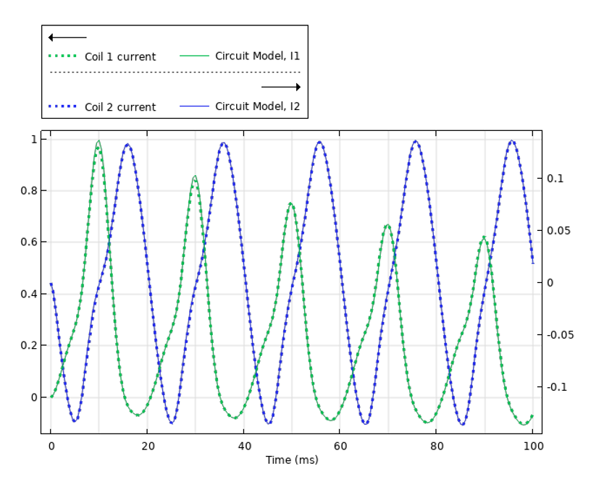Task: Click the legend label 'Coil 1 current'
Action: pyautogui.click(x=119, y=57)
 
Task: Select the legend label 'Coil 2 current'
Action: pyautogui.click(x=119, y=107)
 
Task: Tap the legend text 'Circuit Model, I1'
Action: pyautogui.click(x=257, y=56)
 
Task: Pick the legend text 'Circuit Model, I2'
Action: pyautogui.click(x=257, y=106)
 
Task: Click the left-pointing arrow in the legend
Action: pyautogui.click(x=67, y=38)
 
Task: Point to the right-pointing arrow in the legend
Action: pyautogui.click(x=281, y=87)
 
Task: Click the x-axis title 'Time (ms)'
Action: pyautogui.click(x=292, y=460)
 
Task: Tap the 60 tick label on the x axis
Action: pyautogui.click(x=340, y=446)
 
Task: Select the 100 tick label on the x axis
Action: pyautogui.click(x=532, y=446)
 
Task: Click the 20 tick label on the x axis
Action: pyautogui.click(x=147, y=446)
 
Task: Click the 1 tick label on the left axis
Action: pyautogui.click(x=33, y=139)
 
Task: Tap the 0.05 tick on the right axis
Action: pyautogui.click(x=558, y=231)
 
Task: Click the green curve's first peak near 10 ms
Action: pyautogui.click(x=98, y=141)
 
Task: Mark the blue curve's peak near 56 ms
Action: pyautogui.click(x=319, y=142)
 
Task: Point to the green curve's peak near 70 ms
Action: pyautogui.click(x=387, y=226)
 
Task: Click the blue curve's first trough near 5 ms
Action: pyautogui.click(x=75, y=420)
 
